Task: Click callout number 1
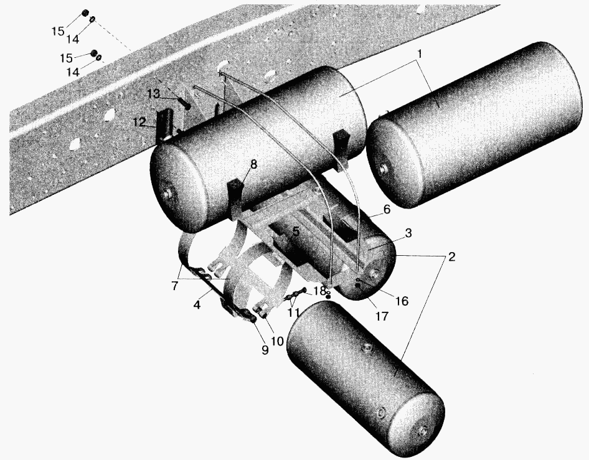[x=420, y=54]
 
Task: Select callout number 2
[x=451, y=257]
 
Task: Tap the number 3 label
[x=408, y=233]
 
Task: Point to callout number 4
[x=197, y=304]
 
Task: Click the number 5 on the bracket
[x=296, y=232]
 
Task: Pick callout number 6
[x=387, y=209]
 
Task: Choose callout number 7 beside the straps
[x=175, y=286]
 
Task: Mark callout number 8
[x=253, y=165]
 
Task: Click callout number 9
[x=265, y=350]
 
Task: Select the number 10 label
[x=277, y=341]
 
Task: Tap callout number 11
[x=293, y=312]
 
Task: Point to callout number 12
[x=139, y=122]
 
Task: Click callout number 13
[x=153, y=93]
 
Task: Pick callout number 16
[x=402, y=301]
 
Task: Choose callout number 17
[x=382, y=317]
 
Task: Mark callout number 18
[x=319, y=291]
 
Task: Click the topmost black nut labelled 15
[x=85, y=13]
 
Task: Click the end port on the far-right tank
[x=383, y=169]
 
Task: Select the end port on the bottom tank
[x=423, y=432]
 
